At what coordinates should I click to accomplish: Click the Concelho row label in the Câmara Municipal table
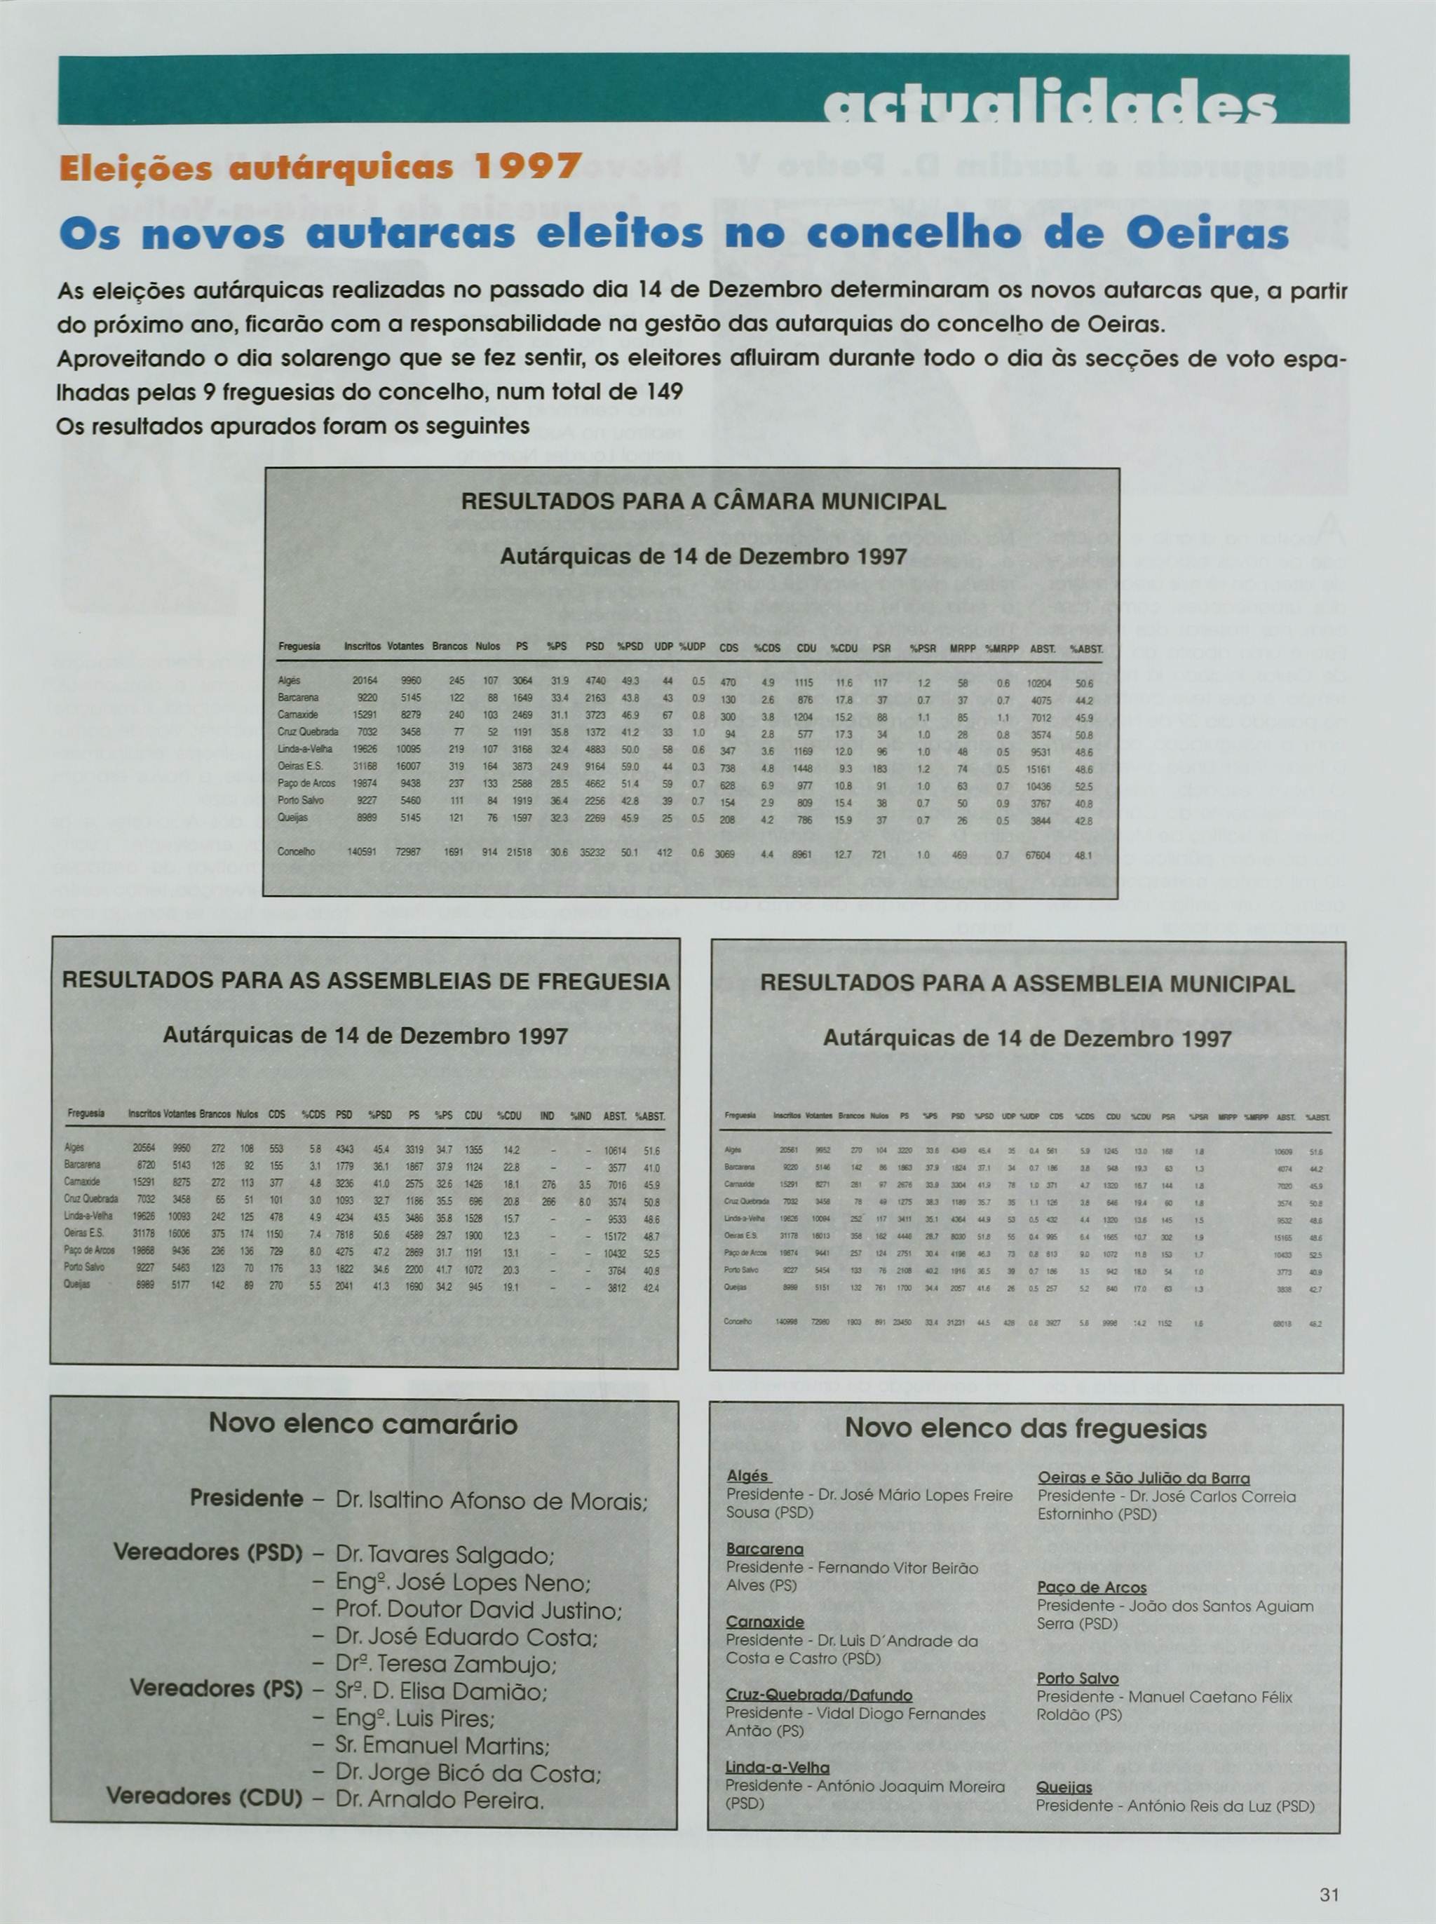coord(297,853)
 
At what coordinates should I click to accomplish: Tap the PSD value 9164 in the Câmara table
coord(595,766)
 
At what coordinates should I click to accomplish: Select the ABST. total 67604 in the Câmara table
coord(1038,855)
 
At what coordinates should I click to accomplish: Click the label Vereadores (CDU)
coord(204,1796)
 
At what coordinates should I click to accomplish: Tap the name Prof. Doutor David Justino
coord(478,1611)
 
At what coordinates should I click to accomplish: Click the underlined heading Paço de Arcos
coord(1091,1587)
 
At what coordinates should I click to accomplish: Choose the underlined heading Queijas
coord(1064,1787)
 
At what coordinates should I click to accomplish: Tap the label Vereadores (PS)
coord(215,1688)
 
